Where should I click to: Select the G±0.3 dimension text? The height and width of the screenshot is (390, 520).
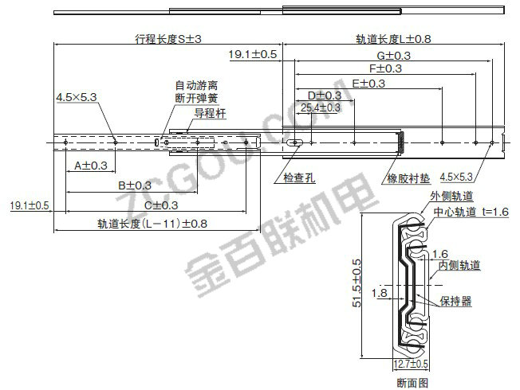pos(393,55)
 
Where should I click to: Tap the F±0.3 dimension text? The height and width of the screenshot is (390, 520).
pos(384,68)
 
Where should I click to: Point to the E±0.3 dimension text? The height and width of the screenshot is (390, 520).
pos(367,83)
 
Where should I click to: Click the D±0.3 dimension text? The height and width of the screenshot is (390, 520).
pos(324,96)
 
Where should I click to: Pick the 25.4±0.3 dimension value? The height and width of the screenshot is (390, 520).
pos(321,107)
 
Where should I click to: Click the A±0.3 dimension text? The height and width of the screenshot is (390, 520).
pos(90,166)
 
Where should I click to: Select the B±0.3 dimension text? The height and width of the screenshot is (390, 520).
pos(134,185)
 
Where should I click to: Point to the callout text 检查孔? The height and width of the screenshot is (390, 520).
pos(299,178)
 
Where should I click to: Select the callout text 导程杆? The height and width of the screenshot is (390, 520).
pos(211,114)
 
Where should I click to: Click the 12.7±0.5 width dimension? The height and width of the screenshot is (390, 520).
pos(412,365)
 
